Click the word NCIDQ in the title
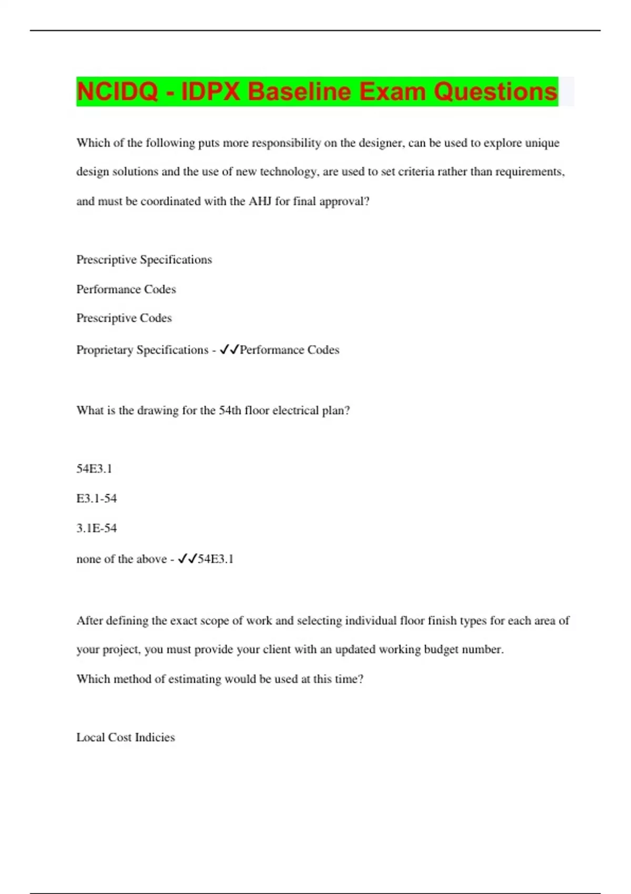tap(117, 92)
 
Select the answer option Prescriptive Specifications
tap(144, 260)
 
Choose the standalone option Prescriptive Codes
tap(124, 318)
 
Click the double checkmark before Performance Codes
tap(229, 350)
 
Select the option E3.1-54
tap(97, 499)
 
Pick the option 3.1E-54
tap(97, 529)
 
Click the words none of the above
tap(121, 559)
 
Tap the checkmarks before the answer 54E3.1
tap(187, 559)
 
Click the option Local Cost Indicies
tap(126, 737)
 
